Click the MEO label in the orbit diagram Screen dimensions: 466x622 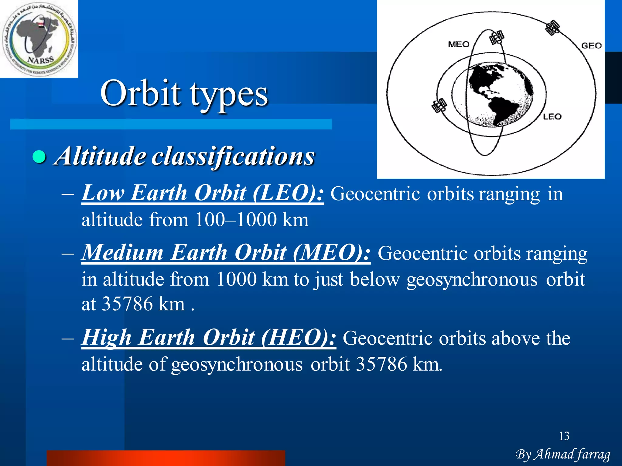pos(459,45)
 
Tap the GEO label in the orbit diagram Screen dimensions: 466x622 pos(591,46)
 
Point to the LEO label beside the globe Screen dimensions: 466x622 pos(552,116)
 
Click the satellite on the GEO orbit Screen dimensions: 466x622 pos(552,28)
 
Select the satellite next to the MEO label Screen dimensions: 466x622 pos(497,38)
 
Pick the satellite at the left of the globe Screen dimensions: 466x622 pos(439,106)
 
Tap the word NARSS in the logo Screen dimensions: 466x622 pos(40,60)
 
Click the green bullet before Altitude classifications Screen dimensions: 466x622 pos(39,157)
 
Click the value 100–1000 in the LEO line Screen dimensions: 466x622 pos(236,220)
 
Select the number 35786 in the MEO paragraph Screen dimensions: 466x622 pos(127,304)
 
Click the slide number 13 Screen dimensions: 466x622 pos(564,436)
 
